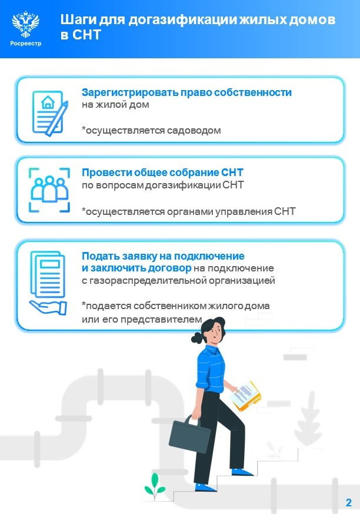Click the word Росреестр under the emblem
[26, 43]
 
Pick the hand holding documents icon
[49, 282]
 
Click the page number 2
[348, 503]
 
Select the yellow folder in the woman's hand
[247, 396]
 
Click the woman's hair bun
[196, 338]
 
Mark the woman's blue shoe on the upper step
[242, 471]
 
